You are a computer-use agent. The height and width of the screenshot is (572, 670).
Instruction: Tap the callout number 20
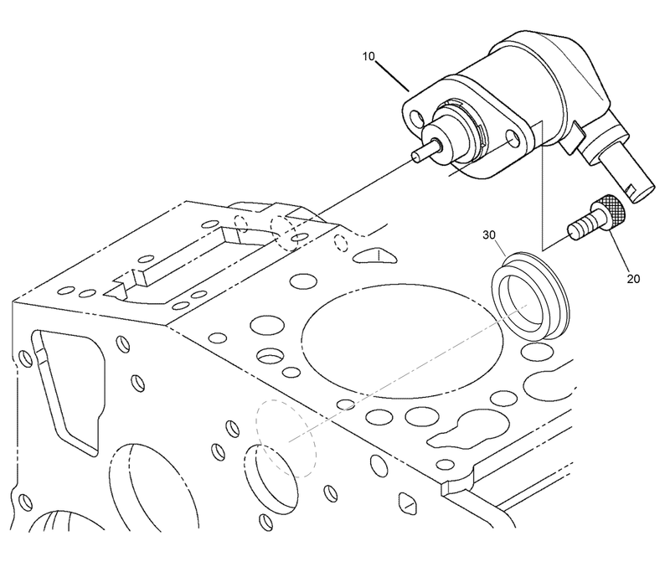(632, 278)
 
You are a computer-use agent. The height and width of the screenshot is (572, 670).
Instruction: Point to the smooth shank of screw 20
(580, 227)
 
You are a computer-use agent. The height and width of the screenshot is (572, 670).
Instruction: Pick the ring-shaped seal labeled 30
(532, 292)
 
